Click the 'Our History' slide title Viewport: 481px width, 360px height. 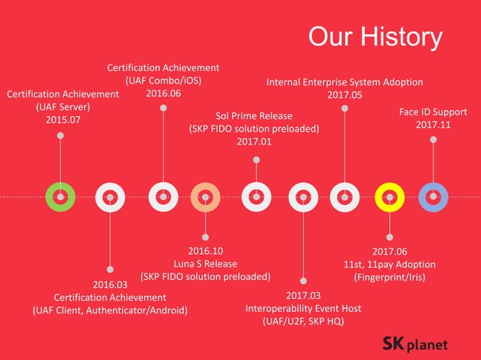tap(375, 37)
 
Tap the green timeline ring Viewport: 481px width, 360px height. tap(60, 197)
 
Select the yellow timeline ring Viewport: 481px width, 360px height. tap(390, 197)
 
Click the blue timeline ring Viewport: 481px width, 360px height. tap(433, 197)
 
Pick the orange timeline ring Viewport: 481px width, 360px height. tap(205, 197)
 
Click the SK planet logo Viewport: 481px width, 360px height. tap(415, 344)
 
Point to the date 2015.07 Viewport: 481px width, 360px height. tap(63, 120)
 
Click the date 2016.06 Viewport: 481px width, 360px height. tap(164, 93)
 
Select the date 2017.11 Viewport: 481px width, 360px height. tap(434, 125)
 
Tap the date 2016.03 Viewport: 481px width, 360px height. tap(110, 285)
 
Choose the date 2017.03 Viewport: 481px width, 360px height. tap(303, 295)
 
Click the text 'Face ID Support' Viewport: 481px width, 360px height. tap(433, 112)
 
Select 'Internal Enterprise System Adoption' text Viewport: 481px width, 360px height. tap(345, 81)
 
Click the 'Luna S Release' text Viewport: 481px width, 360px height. tap(205, 264)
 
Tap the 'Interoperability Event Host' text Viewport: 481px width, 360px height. tap(303, 308)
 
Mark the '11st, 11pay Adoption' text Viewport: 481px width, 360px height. tap(390, 264)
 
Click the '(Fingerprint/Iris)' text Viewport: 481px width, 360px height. tap(390, 277)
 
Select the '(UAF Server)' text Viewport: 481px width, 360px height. tap(63, 107)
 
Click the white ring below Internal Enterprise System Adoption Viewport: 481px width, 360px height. tap(345, 197)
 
